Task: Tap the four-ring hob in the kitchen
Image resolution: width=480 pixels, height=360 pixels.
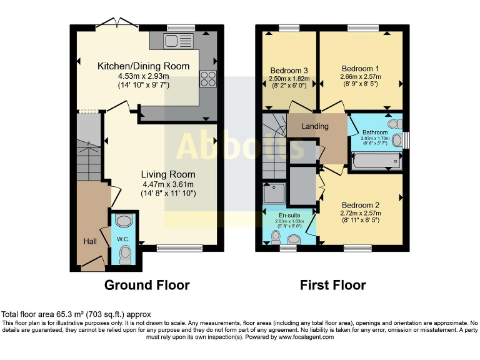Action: [x=207, y=79]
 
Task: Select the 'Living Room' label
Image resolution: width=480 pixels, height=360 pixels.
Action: [x=167, y=174]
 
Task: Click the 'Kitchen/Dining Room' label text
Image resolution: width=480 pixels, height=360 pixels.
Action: [x=143, y=66]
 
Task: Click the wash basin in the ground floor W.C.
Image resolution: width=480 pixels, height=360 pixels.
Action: [x=124, y=221]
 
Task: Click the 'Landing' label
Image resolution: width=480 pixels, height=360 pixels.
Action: [x=314, y=126]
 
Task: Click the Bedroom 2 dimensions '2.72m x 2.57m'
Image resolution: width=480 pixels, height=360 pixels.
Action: [x=361, y=212]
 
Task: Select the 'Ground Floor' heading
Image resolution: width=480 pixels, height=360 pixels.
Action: [x=147, y=285]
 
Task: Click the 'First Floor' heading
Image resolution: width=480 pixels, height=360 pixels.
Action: [x=332, y=285]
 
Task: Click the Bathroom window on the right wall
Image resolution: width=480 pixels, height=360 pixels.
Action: [x=406, y=140]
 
